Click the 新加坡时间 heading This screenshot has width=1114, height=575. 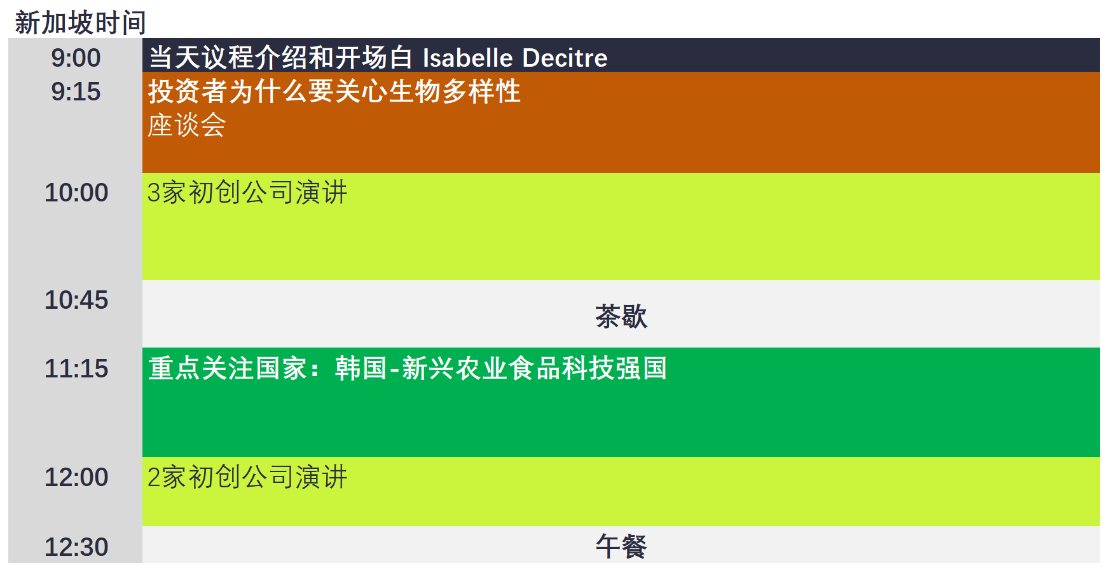click(80, 23)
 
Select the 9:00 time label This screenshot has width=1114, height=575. click(76, 58)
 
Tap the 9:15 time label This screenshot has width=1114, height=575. click(76, 91)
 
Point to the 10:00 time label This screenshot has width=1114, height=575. click(76, 193)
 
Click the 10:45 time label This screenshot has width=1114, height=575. click(76, 300)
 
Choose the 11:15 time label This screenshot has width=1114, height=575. click(76, 369)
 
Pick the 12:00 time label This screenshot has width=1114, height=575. click(76, 477)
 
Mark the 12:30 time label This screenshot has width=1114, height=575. click(76, 547)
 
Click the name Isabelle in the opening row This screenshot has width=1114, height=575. click(468, 58)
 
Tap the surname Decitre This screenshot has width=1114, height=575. click(565, 58)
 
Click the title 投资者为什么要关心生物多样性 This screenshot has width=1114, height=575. click(334, 91)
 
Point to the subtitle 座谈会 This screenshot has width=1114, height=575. click(187, 125)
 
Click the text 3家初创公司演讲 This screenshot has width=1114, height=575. click(247, 193)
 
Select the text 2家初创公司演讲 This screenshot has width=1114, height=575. click(247, 477)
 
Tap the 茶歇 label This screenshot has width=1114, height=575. click(621, 316)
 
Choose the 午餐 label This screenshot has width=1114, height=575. click(621, 546)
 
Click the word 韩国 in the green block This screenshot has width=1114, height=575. click(361, 369)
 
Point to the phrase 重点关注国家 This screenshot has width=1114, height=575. click(228, 369)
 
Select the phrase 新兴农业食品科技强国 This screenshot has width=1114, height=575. click(535, 369)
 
